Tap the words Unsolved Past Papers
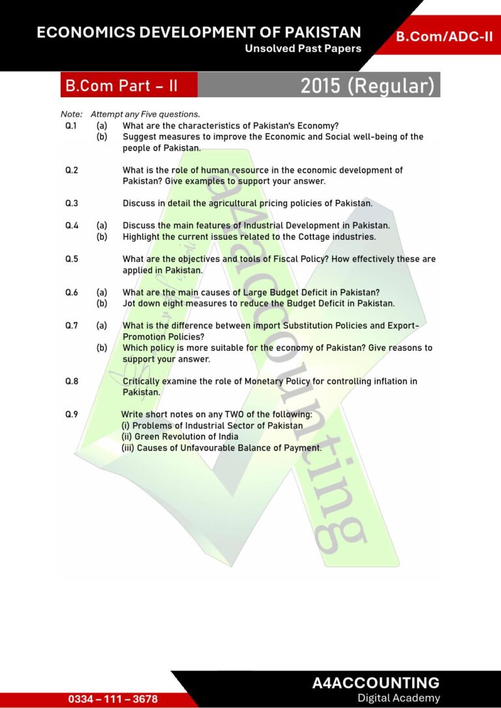(303, 49)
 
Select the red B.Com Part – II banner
(121, 85)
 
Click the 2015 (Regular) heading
(367, 85)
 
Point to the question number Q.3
(72, 203)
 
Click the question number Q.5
(72, 259)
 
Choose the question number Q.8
(72, 381)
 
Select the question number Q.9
(72, 414)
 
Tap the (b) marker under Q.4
(102, 237)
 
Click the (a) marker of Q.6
(102, 292)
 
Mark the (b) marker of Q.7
(102, 347)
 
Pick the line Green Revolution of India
(180, 436)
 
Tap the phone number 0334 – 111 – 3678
(113, 699)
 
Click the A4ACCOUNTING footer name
(376, 683)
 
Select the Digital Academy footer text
(399, 698)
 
